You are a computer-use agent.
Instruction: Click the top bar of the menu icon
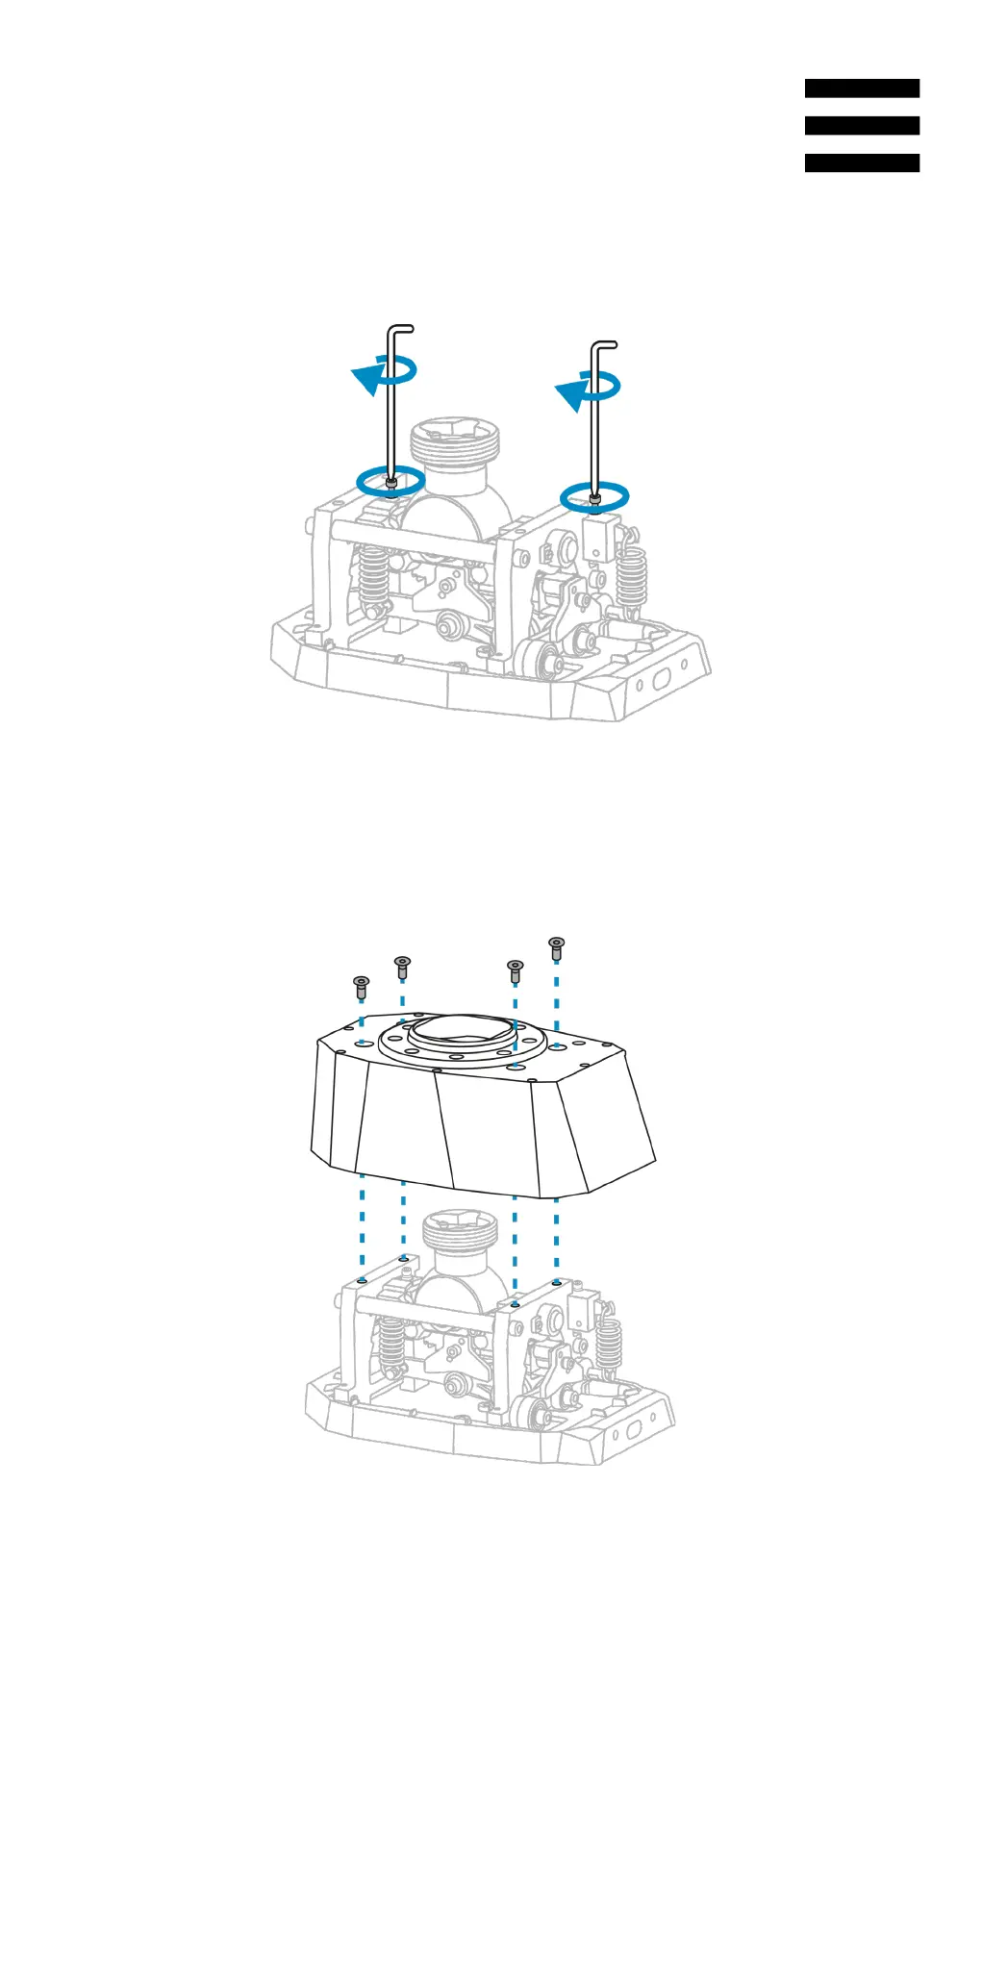click(x=862, y=88)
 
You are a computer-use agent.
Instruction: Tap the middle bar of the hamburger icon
click(x=862, y=126)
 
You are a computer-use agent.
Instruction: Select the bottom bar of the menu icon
click(x=862, y=164)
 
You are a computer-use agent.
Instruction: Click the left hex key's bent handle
click(x=401, y=329)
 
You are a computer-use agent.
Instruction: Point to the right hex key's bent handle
click(x=604, y=344)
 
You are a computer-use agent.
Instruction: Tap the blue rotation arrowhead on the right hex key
click(x=569, y=395)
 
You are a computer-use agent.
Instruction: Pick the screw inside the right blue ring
click(x=595, y=498)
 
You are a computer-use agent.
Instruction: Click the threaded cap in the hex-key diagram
click(x=455, y=445)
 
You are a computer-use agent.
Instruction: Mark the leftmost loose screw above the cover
click(x=362, y=986)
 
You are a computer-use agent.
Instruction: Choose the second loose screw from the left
click(x=403, y=966)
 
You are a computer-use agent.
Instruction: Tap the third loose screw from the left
click(x=516, y=969)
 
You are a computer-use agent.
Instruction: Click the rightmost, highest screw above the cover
click(x=556, y=946)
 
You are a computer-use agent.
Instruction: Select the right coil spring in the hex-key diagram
click(x=632, y=577)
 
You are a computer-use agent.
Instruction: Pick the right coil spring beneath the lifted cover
click(x=608, y=1345)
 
